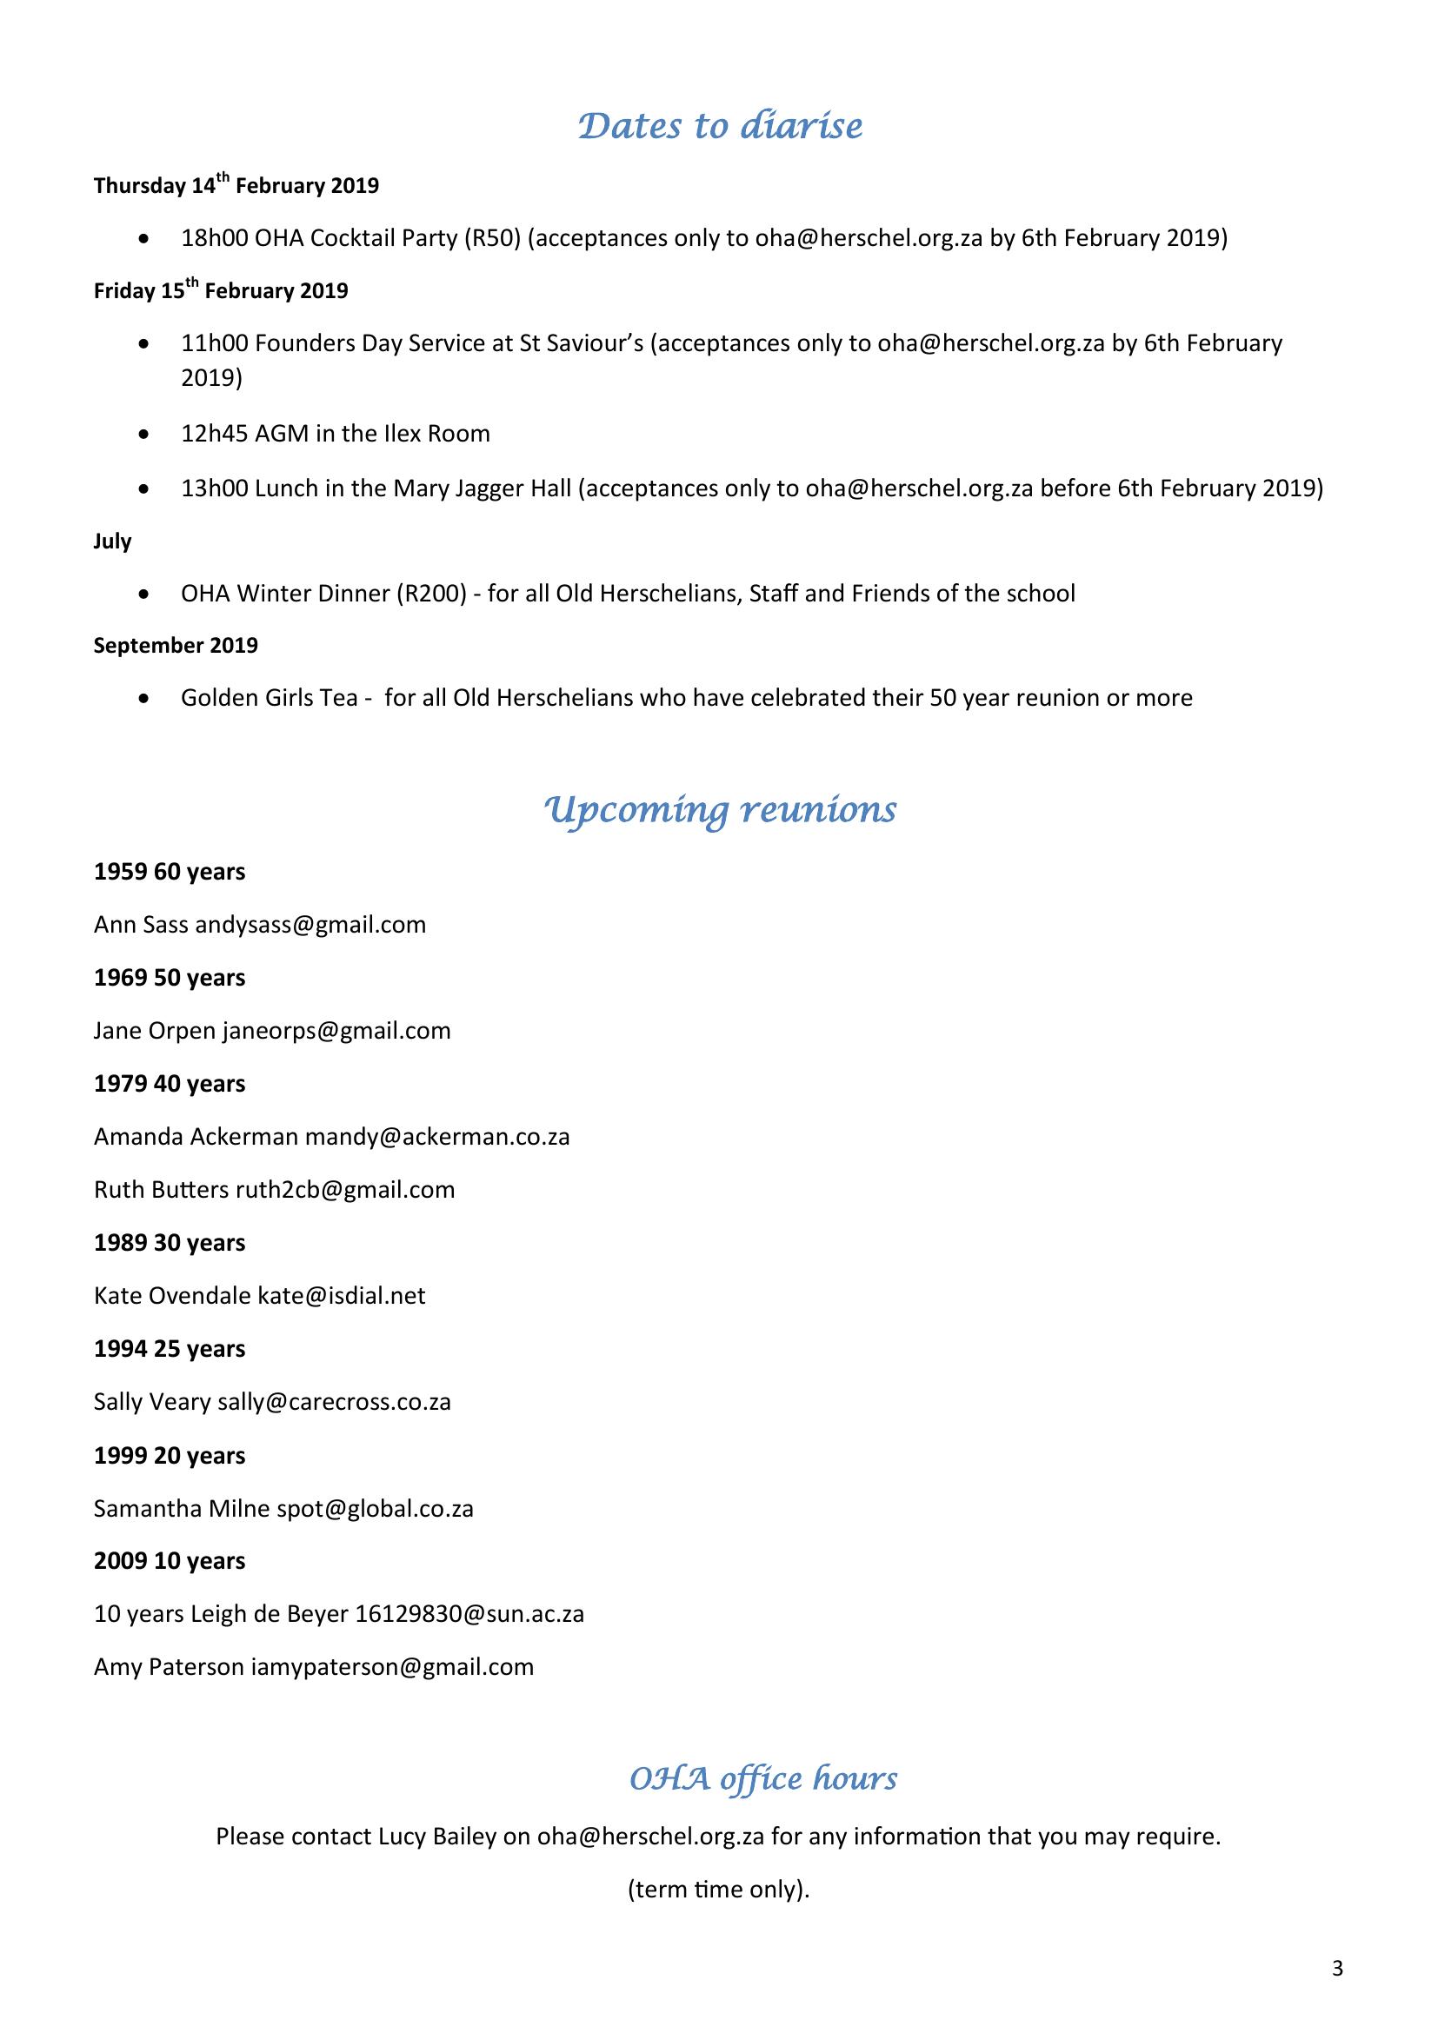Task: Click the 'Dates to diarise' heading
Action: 719,127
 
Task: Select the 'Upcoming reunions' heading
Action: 719,810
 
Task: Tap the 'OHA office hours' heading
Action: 762,1777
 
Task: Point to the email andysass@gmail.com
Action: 310,926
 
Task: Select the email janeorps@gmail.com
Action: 336,1031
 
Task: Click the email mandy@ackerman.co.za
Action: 437,1137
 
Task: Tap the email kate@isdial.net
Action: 341,1296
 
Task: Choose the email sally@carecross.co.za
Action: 335,1402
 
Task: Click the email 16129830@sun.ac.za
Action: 469,1614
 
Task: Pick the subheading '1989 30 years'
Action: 170,1243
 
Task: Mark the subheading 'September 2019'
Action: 176,646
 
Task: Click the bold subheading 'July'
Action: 112,541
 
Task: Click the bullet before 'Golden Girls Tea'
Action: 144,699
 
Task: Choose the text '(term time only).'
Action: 718,1890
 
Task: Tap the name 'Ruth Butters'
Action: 161,1190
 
